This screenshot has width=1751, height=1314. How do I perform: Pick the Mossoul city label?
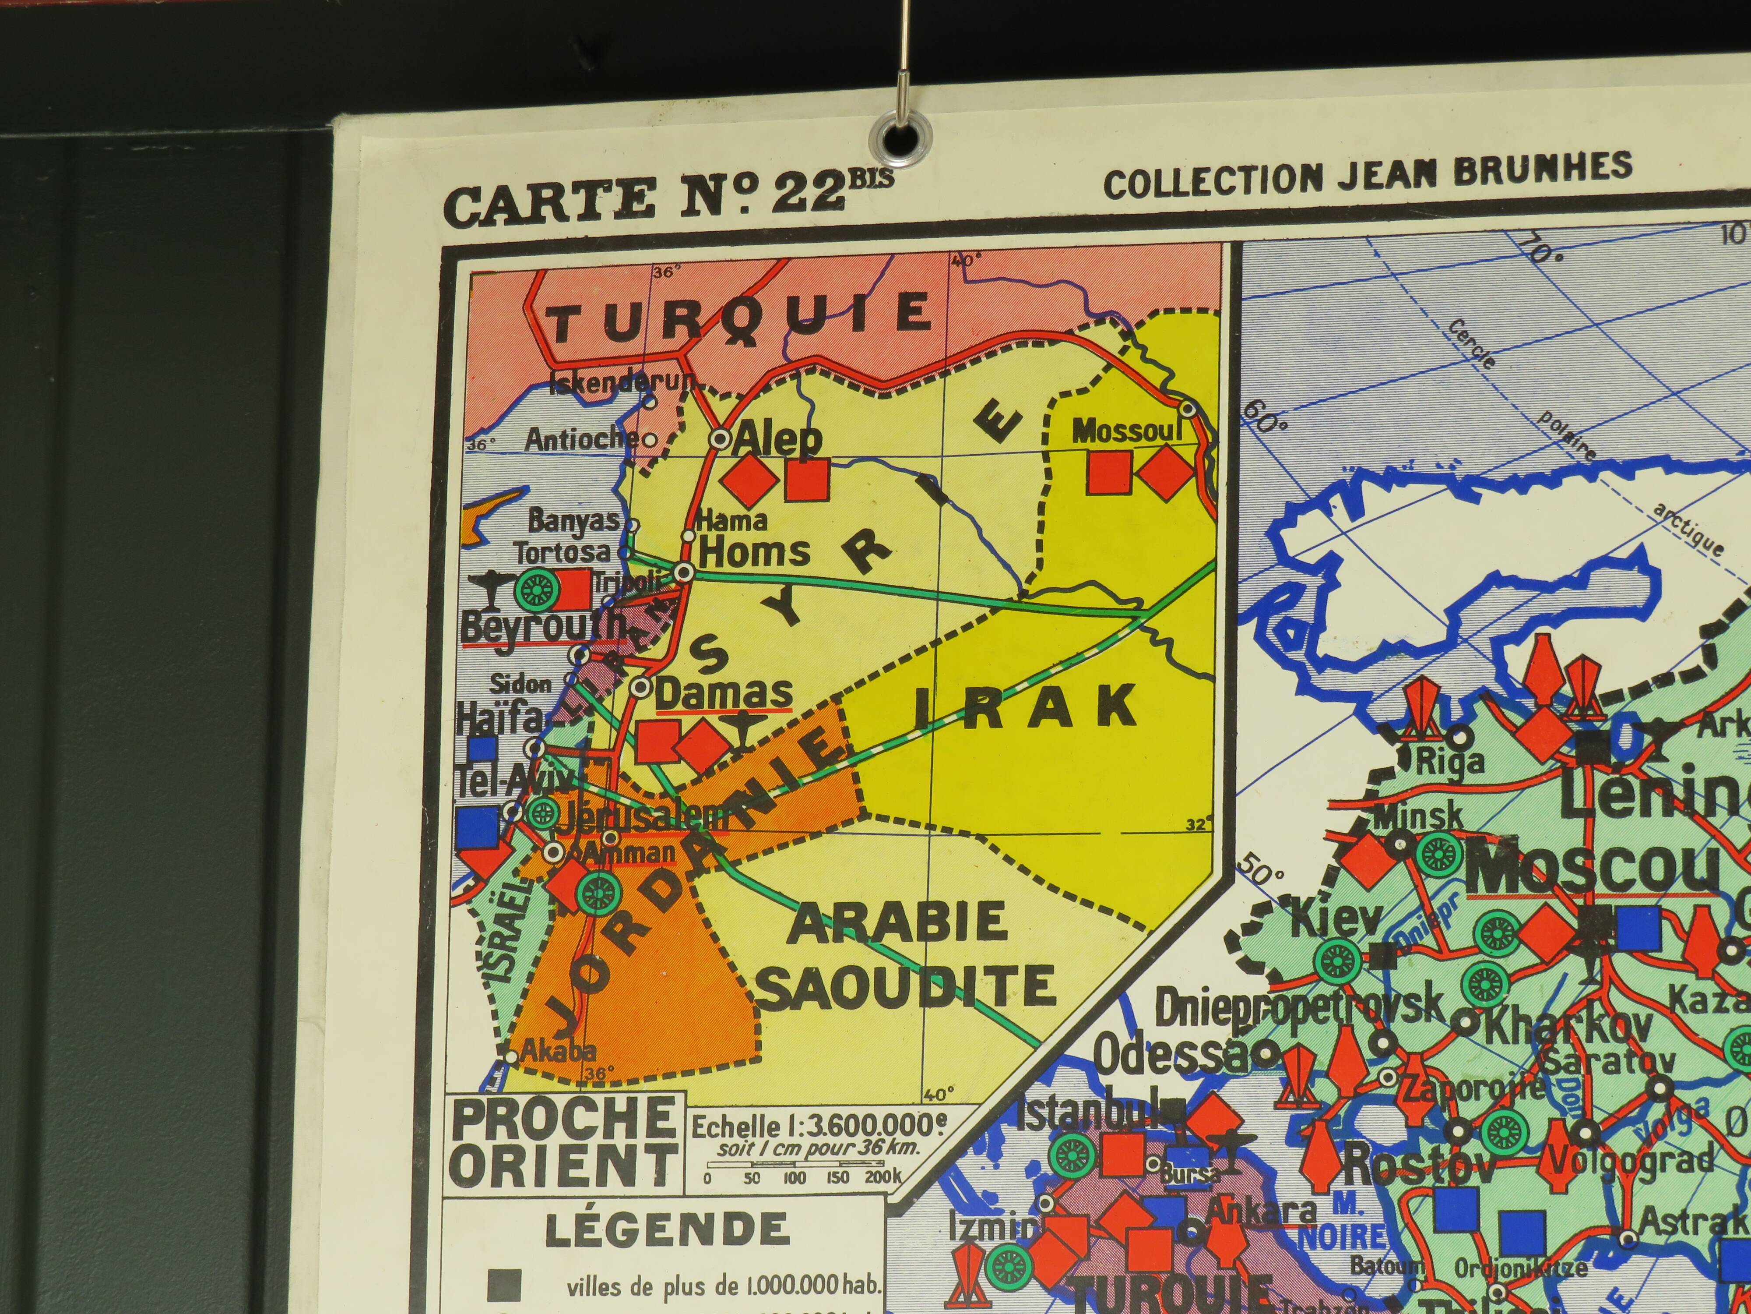tap(1126, 432)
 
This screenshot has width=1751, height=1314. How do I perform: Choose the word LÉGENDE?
tap(667, 1230)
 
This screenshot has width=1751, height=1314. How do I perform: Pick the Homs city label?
tap(754, 552)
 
